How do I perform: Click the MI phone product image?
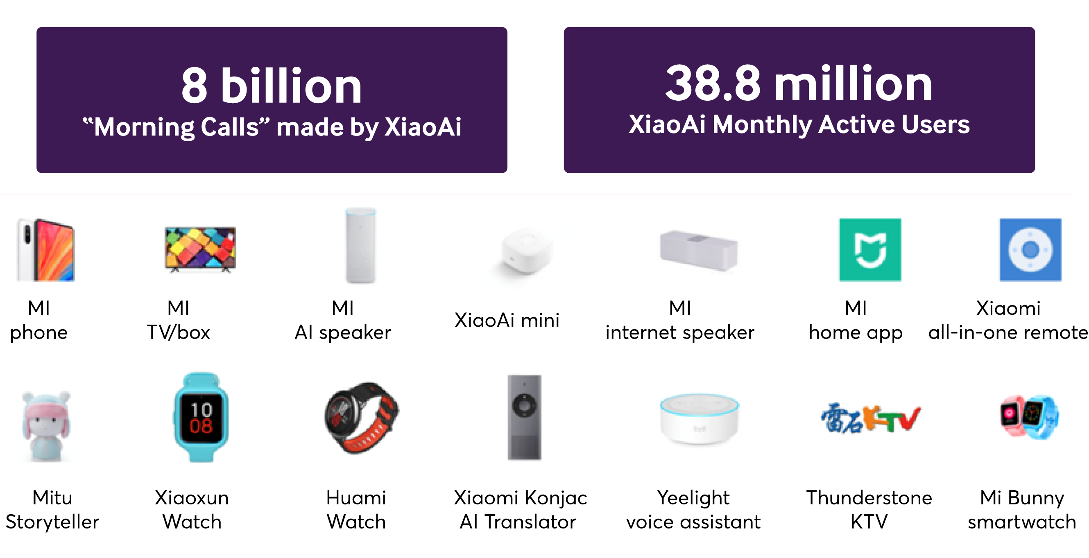tap(45, 249)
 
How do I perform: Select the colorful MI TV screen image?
tap(200, 249)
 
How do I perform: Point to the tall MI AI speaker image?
tap(360, 246)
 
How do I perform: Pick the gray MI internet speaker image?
tap(698, 250)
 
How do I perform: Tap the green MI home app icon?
tap(870, 249)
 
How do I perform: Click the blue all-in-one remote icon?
tap(1030, 249)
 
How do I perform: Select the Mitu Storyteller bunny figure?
tap(46, 426)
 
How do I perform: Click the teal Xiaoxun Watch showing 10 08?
tap(201, 417)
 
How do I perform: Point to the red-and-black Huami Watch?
tap(362, 418)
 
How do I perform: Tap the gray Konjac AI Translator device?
tap(524, 417)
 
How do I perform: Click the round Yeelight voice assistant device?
tap(699, 418)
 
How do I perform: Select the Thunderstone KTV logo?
tap(870, 418)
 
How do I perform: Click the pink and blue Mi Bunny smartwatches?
tap(1029, 417)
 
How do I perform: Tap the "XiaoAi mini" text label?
tap(507, 320)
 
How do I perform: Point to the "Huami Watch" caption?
tap(356, 509)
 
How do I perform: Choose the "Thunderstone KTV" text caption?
tap(869, 509)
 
